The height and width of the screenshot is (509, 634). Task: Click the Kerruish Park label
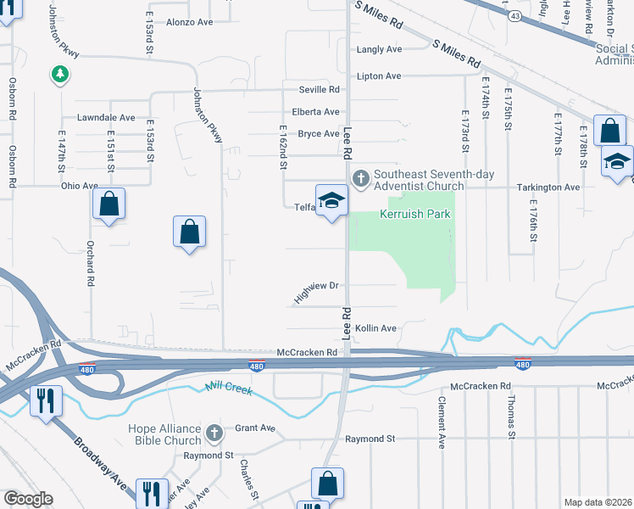tap(415, 214)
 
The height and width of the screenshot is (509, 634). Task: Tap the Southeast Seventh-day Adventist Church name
tap(419, 177)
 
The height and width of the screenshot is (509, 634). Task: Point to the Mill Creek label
tap(229, 389)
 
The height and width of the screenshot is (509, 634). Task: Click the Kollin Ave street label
tap(375, 328)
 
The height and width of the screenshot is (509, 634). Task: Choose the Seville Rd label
tap(319, 89)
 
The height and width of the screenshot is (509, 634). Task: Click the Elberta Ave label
tap(315, 112)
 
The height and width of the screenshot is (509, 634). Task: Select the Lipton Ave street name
tap(379, 76)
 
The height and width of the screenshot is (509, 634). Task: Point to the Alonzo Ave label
tap(190, 22)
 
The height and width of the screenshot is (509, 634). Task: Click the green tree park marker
tap(59, 76)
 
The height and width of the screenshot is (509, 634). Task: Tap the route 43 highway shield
tap(514, 16)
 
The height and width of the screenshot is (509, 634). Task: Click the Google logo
tap(27, 499)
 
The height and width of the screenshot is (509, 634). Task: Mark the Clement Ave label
tap(442, 422)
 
